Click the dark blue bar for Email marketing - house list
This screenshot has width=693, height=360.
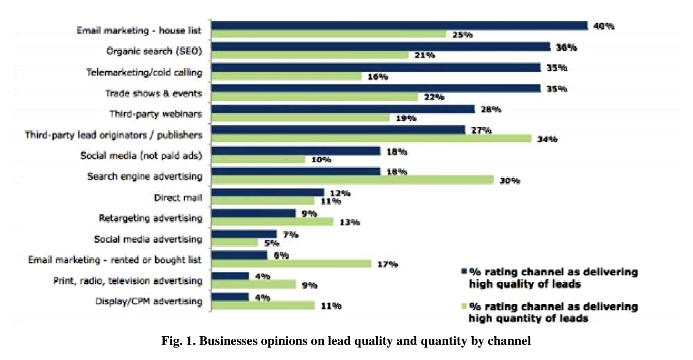pos(399,25)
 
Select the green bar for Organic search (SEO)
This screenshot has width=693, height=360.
pos(310,55)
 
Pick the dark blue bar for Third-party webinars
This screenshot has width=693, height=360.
pos(343,109)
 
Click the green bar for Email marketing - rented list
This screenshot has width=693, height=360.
pos(292,264)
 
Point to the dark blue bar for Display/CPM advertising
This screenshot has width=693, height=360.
pos(231,297)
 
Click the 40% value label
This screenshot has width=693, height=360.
pos(603,26)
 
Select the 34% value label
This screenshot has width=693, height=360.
pos(547,139)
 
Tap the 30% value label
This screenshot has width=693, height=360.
pos(509,181)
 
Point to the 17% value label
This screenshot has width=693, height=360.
pos(387,264)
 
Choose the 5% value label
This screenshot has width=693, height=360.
pos(272,243)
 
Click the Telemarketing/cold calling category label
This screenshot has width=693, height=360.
pos(144,72)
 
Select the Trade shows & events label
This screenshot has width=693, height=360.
pos(154,93)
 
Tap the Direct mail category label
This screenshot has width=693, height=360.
pos(178,198)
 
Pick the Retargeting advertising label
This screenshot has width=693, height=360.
pos(150,218)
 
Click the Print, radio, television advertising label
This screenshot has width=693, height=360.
pos(128,281)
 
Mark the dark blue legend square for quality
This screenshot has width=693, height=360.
pos(463,272)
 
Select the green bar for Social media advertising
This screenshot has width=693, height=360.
pos(235,243)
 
